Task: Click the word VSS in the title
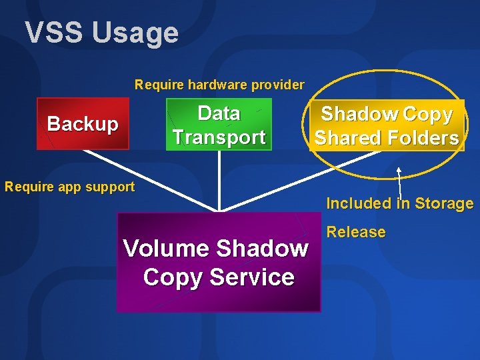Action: [x=54, y=33]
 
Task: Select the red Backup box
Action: [x=83, y=124]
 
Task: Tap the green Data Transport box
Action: [x=219, y=125]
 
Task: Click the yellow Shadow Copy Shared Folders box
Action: [x=387, y=125]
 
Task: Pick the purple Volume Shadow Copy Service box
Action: [x=218, y=262]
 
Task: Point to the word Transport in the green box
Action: [x=219, y=137]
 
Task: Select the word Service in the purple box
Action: [x=257, y=277]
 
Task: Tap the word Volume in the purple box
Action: [x=166, y=249]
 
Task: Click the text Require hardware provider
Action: [x=219, y=85]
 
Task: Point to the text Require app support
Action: [x=69, y=187]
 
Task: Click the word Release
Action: [x=356, y=232]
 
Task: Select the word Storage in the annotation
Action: [x=444, y=203]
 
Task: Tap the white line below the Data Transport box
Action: [x=219, y=180]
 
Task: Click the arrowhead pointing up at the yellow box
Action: [x=398, y=171]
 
